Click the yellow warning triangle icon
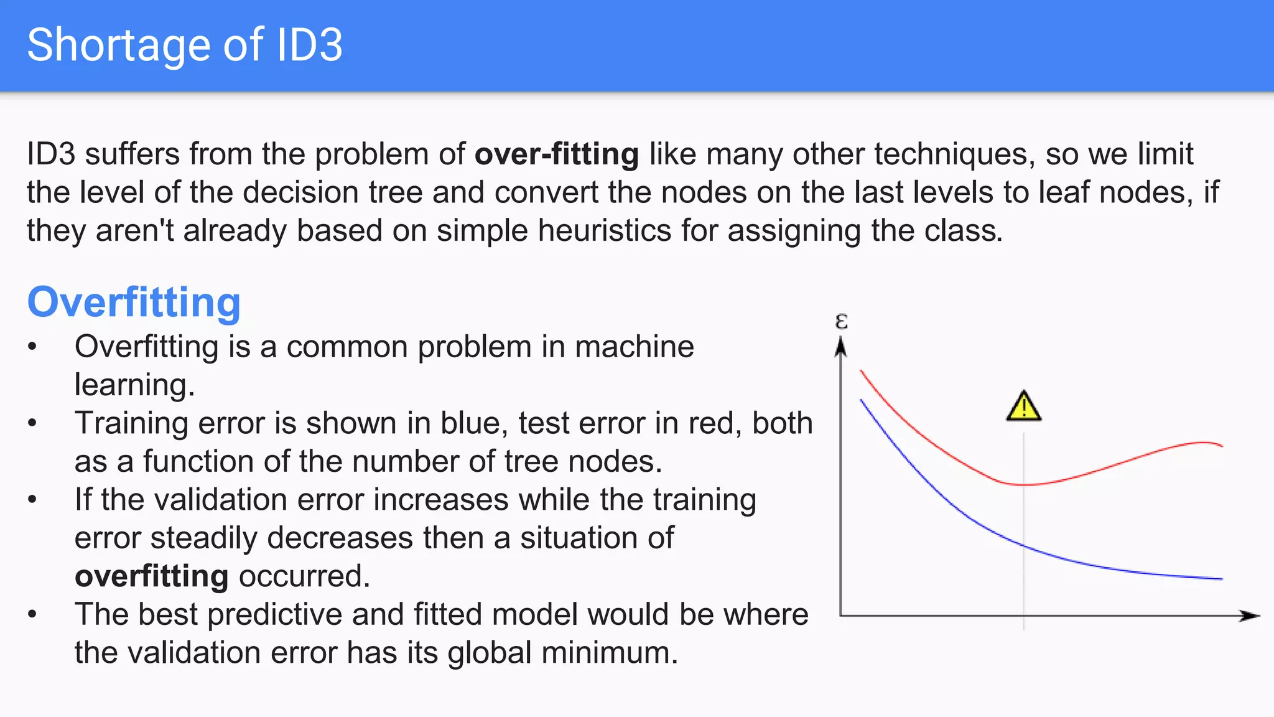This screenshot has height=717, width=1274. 1023,407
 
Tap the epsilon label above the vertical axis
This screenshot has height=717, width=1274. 841,321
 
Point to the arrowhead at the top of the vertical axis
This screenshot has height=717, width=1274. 840,346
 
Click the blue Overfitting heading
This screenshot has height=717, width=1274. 134,302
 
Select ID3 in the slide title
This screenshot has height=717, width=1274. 309,45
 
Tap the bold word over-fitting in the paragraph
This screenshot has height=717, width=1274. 557,154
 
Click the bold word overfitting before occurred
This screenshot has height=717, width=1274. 151,576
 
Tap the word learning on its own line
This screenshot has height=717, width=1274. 134,385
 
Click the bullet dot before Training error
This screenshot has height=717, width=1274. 32,423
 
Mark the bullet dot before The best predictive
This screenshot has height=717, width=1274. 32,614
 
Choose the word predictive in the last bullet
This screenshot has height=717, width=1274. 274,614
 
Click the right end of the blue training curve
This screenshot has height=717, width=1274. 1221,579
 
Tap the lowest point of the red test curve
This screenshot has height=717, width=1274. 1023,484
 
